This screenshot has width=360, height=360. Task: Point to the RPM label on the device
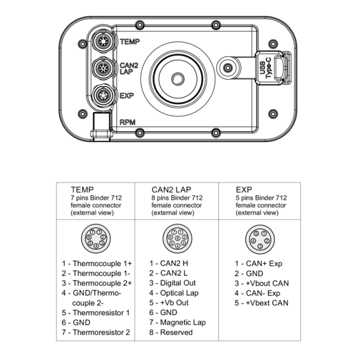pos(127,122)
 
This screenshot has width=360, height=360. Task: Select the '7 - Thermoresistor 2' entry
pos(96,332)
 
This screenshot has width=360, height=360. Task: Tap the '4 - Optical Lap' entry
pos(174,293)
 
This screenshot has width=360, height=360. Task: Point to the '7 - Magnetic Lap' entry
pos(177,322)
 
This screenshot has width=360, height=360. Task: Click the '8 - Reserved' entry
pos(171,332)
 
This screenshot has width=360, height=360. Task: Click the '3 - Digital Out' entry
pos(172,283)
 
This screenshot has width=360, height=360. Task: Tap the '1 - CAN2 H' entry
pos(169,264)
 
